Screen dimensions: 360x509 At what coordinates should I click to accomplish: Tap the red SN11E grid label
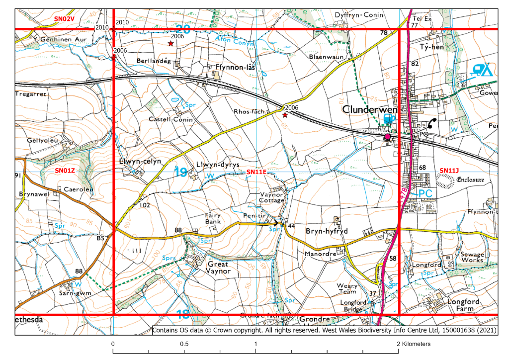tap(256, 172)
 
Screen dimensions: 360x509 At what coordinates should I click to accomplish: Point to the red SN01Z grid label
tap(65, 170)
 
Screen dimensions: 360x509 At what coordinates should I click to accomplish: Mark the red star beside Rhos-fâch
tap(285, 115)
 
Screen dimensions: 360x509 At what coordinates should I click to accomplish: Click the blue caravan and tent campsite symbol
tap(483, 70)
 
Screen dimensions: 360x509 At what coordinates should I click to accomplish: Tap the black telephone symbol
tap(433, 124)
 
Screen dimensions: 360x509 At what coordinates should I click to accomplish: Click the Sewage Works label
tap(472, 257)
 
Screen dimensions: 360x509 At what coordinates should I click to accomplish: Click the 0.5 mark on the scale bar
tap(184, 344)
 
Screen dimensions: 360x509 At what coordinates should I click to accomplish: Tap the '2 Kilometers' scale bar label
tap(413, 344)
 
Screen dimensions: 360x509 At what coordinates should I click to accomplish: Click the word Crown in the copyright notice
tap(230, 330)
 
